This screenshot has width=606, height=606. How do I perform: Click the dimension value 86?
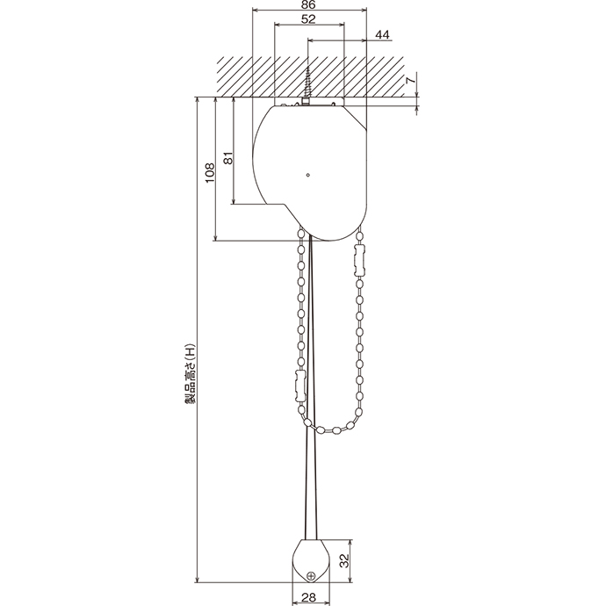[308, 4]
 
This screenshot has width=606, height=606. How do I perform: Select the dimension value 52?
[308, 19]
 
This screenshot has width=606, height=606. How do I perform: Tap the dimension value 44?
[382, 34]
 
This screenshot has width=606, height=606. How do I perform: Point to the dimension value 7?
[411, 81]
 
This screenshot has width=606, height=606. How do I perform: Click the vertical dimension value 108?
[210, 173]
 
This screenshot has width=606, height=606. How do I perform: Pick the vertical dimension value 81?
[228, 158]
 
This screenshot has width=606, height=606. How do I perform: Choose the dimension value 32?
[343, 560]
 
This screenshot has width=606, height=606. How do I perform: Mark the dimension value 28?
[309, 597]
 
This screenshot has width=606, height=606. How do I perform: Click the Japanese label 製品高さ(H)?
[191, 373]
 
